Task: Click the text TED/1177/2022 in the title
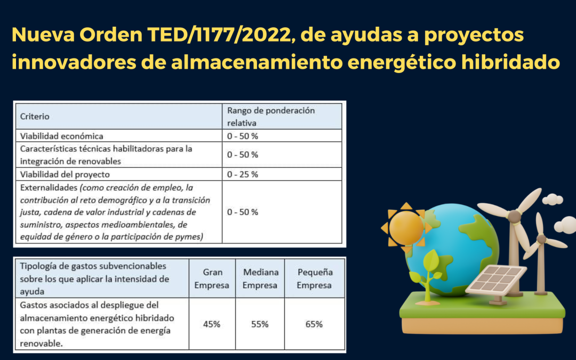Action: [219, 35]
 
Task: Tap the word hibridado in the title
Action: [510, 62]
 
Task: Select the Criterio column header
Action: [35, 116]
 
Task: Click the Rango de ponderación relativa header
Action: [271, 116]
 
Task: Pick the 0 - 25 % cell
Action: [243, 174]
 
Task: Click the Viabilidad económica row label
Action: [62, 136]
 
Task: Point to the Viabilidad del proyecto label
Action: [65, 174]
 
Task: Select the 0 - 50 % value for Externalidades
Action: [243, 212]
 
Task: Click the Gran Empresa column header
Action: [212, 278]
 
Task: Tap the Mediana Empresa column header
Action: [260, 278]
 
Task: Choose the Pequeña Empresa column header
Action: [315, 278]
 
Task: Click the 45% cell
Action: [212, 324]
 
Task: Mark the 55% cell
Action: [260, 324]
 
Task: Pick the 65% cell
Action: [314, 324]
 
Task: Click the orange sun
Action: [406, 228]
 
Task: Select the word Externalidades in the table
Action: [49, 188]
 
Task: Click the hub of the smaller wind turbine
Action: [541, 239]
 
